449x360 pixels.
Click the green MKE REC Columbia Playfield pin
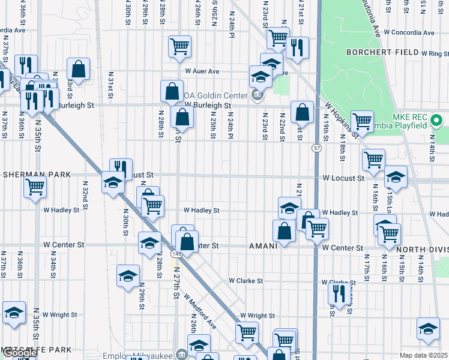coord(436,121)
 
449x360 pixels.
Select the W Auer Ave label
coord(202,71)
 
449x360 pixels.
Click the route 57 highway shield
coord(316,147)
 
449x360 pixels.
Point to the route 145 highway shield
coord(176,254)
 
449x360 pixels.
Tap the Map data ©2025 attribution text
coord(423,355)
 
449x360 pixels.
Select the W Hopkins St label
coord(342,120)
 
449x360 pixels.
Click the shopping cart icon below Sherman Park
coord(35,186)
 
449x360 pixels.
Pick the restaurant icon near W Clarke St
coord(340,293)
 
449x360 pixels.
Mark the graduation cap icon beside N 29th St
coord(128,275)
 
